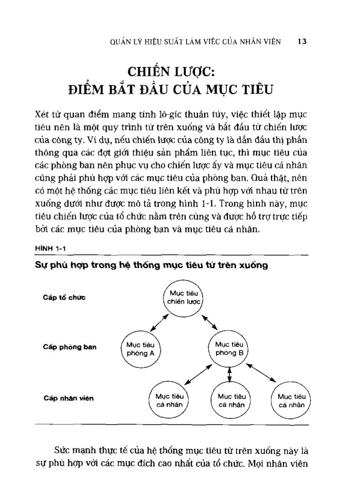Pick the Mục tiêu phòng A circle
(x=140, y=348)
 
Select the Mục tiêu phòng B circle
(x=229, y=348)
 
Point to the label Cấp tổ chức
(x=65, y=298)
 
